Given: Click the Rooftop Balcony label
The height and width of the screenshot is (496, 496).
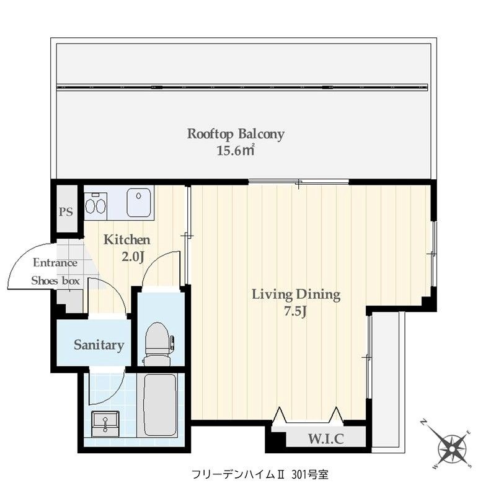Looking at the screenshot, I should tap(236, 133).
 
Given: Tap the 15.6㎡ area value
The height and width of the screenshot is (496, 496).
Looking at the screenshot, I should tap(236, 150).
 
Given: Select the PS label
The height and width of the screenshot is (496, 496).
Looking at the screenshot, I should tap(66, 211).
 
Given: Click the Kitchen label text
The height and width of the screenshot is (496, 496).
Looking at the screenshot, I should tap(126, 239).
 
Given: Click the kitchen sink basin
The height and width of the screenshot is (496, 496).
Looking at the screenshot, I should tap(139, 203).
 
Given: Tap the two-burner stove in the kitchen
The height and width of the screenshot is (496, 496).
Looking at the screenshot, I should tap(95, 205).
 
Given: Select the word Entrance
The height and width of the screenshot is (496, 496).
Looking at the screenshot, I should tap(55, 262).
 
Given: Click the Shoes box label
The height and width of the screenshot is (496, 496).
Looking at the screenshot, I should tap(56, 280).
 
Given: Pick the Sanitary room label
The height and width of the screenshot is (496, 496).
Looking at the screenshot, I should tap(99, 345).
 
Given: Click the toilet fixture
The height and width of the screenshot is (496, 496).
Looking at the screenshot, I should tap(157, 343).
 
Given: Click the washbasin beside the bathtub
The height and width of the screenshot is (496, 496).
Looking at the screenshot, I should tap(105, 423).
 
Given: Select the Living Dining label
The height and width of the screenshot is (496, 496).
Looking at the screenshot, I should tap(296, 294).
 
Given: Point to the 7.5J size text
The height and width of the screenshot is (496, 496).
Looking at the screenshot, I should tap(296, 311).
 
